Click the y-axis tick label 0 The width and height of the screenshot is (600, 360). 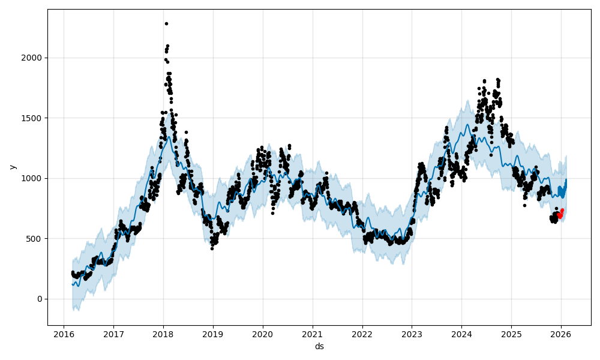tap(40, 299)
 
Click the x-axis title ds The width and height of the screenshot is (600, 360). tap(319, 346)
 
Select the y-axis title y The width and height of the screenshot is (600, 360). tap(13, 167)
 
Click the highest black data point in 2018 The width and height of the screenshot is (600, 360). tap(166, 23)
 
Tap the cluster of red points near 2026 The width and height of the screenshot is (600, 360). tap(560, 214)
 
